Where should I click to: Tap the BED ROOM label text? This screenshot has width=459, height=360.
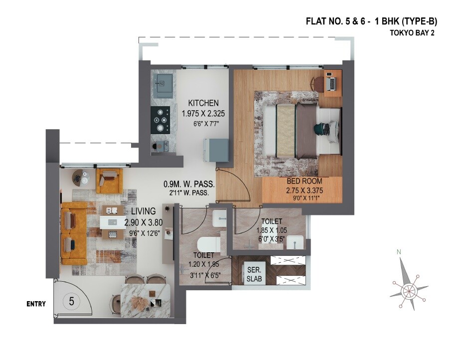click(304, 181)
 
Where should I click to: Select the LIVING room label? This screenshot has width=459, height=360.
click(143, 211)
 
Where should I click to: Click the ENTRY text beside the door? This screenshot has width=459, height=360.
click(36, 304)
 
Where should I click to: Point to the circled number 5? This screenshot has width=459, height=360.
click(72, 301)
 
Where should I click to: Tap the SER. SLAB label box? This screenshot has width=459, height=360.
click(252, 274)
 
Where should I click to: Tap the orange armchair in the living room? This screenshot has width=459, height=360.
click(109, 180)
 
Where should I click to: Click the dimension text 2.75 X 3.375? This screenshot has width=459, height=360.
click(304, 190)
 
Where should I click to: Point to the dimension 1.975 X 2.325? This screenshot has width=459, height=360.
click(204, 113)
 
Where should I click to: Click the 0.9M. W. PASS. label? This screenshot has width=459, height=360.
click(189, 183)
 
